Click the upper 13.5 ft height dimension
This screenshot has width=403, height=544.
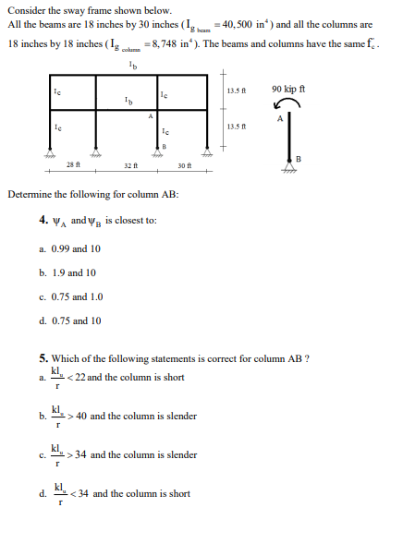point(234,90)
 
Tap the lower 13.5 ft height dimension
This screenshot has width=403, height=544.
point(234,126)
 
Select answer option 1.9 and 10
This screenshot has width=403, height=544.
point(67,272)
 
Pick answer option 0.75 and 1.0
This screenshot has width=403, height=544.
point(68,296)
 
